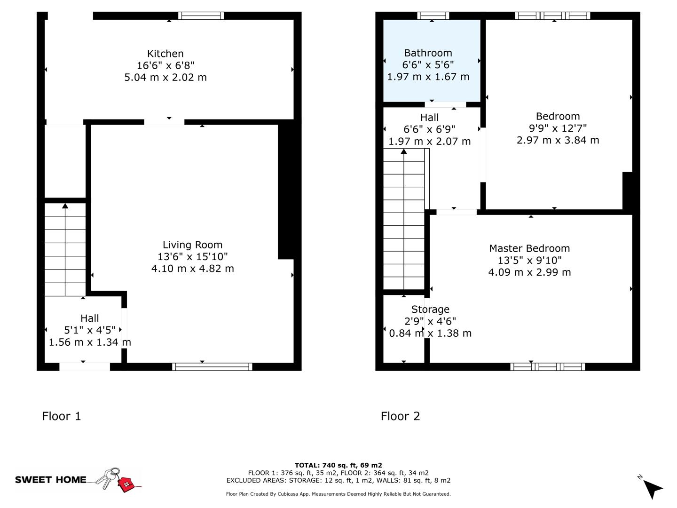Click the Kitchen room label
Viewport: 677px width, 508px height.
pos(165,54)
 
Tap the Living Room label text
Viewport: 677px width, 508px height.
pos(192,245)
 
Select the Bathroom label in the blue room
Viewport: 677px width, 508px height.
pos(428,53)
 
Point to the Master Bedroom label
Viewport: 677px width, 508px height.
pos(529,248)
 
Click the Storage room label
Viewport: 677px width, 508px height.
pos(430,310)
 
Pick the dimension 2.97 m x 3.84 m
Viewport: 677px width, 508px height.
pos(558,140)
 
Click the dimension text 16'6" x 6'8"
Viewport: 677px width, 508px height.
pos(165,65)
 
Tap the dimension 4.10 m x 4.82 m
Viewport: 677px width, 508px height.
pos(192,269)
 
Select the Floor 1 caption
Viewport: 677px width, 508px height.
pos(62,416)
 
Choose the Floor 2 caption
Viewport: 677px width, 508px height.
pos(400,416)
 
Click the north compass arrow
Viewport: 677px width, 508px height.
pos(653,488)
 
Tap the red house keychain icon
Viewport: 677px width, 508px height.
pos(126,484)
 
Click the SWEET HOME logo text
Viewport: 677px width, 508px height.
pos(51,480)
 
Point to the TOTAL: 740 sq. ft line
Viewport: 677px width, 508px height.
pos(338,465)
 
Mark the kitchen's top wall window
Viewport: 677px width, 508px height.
pos(201,16)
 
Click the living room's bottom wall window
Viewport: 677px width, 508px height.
pos(212,367)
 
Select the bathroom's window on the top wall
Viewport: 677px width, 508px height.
pos(433,16)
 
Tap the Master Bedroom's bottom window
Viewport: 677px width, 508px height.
pos(548,367)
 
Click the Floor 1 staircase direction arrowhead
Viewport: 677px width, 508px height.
pos(65,206)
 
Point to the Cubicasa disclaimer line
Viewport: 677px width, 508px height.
pos(338,494)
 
